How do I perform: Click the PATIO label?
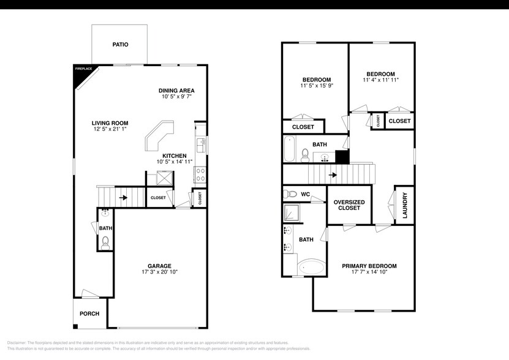[119, 45]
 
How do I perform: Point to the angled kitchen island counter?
[159, 135]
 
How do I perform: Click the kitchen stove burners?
[200, 174]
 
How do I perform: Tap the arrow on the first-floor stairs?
[123, 198]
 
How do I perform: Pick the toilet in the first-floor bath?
[105, 241]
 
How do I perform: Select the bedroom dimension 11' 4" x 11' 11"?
[381, 80]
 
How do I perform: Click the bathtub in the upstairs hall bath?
[290, 148]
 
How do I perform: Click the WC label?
[306, 194]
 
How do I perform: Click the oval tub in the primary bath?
[312, 268]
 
